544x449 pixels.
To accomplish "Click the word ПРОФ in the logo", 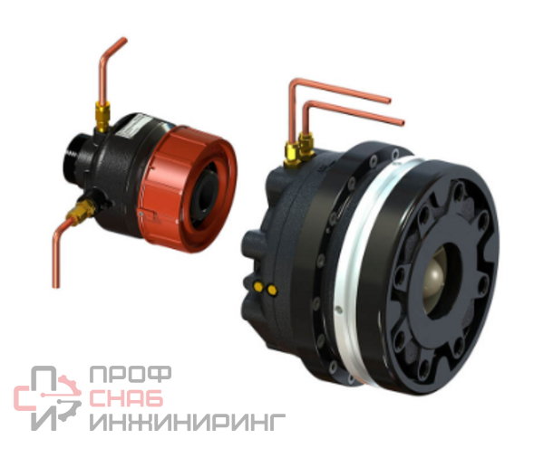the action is pyautogui.click(x=131, y=375).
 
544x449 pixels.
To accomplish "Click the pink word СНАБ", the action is pyautogui.click(x=126, y=397).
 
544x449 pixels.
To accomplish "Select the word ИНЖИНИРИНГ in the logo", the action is pyautogui.click(x=188, y=421).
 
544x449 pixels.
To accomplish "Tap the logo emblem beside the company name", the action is pyautogui.click(x=47, y=398).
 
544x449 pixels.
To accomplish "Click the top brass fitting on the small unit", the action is pyautogui.click(x=102, y=117).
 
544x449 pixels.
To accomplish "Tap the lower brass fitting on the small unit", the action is pyautogui.click(x=82, y=211).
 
